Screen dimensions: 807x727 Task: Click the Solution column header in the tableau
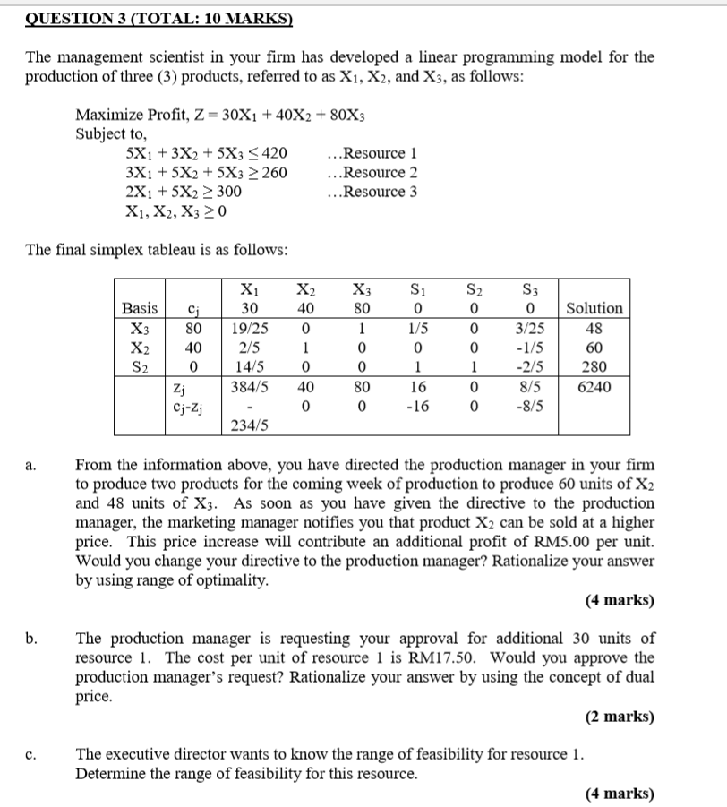coord(594,308)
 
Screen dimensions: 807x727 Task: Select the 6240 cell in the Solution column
coord(594,387)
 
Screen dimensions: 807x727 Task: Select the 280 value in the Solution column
coord(594,367)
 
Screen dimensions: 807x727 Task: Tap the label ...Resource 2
coord(372,172)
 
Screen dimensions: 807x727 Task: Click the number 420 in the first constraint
coord(275,152)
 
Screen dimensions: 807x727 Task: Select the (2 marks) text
coord(620,717)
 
